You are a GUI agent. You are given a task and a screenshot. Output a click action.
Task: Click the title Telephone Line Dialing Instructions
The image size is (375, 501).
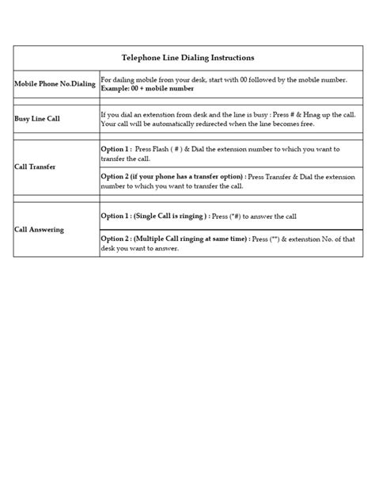click(187, 58)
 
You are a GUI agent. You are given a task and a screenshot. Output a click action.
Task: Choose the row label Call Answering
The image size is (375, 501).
click(39, 229)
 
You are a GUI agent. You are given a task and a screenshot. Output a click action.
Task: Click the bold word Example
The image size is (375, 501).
click(118, 89)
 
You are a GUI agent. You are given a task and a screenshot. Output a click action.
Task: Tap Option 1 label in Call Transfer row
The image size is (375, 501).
click(117, 149)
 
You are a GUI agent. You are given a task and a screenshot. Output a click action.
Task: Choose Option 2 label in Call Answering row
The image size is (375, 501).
click(117, 239)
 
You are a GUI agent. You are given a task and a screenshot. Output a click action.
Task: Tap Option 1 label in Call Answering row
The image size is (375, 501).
click(117, 216)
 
